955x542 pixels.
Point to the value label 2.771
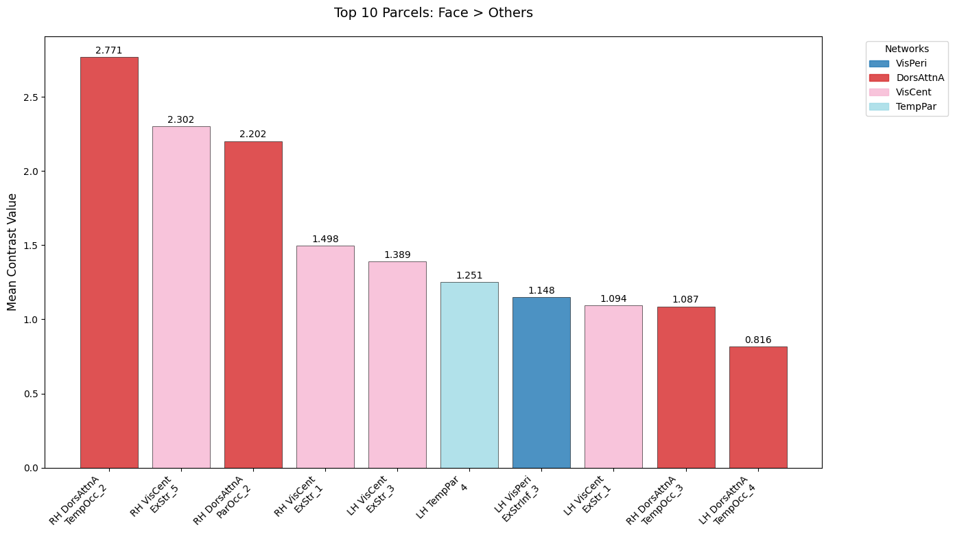(x=109, y=51)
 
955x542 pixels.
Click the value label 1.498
(x=325, y=239)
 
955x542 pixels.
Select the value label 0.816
(x=757, y=340)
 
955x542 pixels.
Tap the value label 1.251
(x=469, y=276)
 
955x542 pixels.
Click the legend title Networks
(x=906, y=49)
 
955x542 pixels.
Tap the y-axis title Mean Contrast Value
(x=12, y=252)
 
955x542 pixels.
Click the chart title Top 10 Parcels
(x=433, y=13)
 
